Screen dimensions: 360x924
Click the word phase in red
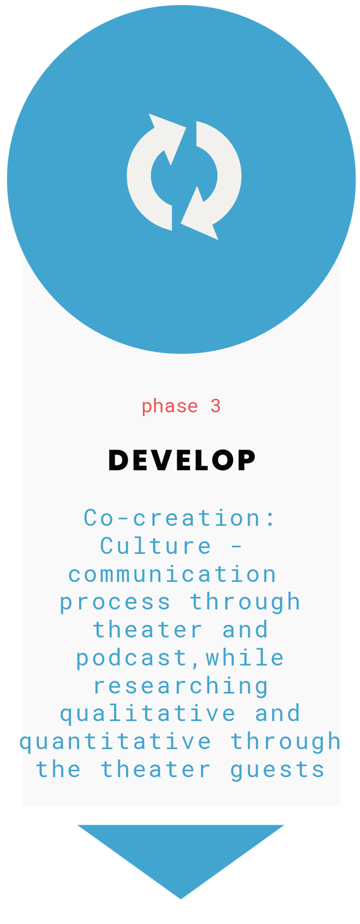pyautogui.click(x=170, y=406)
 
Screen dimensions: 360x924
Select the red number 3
pyautogui.click(x=215, y=406)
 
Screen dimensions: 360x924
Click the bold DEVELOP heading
pyautogui.click(x=181, y=460)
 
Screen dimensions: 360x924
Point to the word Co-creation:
pyautogui.click(x=179, y=518)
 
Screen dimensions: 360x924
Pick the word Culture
pyautogui.click(x=156, y=545)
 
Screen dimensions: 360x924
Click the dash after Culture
pyautogui.click(x=236, y=547)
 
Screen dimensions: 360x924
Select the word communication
pyautogui.click(x=172, y=574)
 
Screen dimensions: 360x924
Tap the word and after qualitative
pyautogui.click(x=277, y=714)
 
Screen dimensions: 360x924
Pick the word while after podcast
pyautogui.click(x=245, y=658)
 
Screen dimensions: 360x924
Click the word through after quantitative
pyautogui.click(x=285, y=742)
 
